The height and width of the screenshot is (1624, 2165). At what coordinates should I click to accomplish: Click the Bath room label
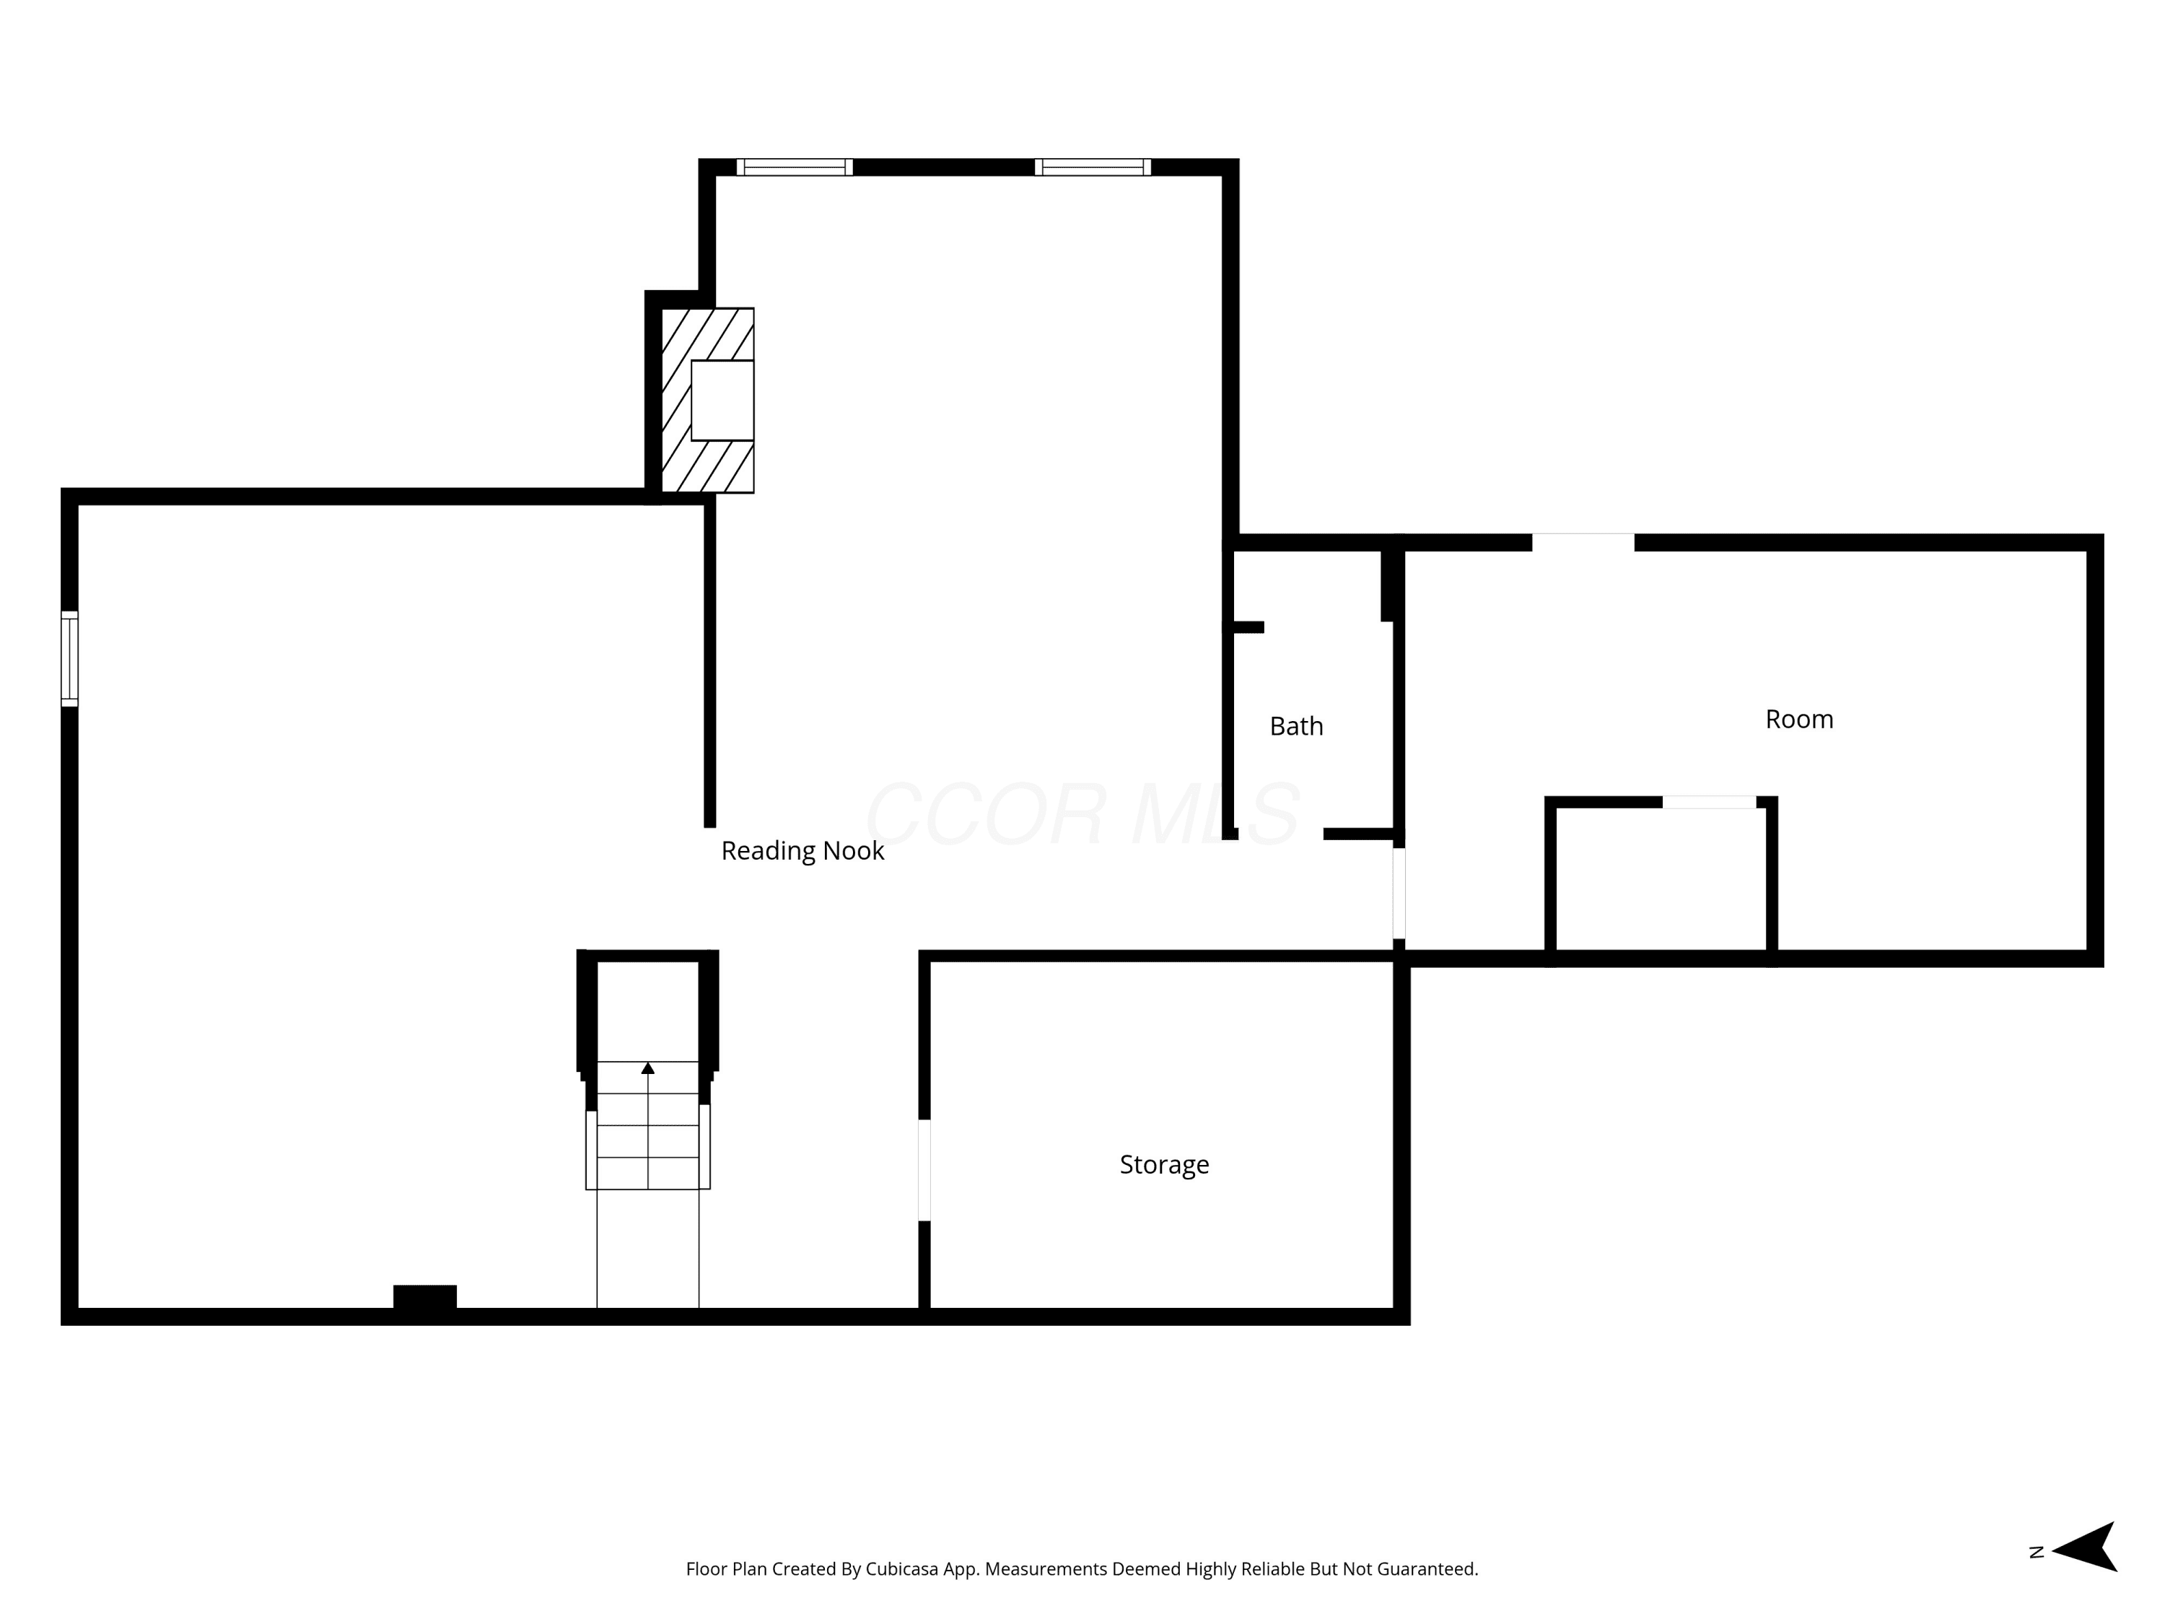coord(1296,726)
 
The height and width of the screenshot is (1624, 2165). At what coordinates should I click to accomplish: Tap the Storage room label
coord(1164,1165)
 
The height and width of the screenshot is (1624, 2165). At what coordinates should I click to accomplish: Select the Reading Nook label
coord(802,852)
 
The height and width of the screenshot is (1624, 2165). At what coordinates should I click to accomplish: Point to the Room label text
coord(1799,720)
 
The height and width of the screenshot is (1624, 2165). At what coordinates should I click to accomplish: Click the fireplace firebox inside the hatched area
coord(722,401)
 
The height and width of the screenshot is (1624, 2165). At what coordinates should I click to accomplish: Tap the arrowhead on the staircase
coord(648,1068)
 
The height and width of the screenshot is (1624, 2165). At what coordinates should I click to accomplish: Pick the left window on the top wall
coord(795,167)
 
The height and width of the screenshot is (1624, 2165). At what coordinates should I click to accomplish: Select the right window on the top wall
coord(1093,167)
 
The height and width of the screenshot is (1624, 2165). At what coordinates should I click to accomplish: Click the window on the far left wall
coord(69,659)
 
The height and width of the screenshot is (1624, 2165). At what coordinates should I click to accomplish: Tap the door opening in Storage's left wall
coord(924,1171)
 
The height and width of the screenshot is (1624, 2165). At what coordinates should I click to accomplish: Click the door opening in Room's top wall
coord(1583,542)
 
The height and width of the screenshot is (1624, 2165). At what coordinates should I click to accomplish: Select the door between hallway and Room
coord(1399,894)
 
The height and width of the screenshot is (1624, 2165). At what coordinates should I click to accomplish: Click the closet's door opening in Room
coord(1709,803)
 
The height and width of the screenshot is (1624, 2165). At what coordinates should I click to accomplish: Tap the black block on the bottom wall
coord(425,1297)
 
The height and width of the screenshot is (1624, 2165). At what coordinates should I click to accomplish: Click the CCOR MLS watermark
coord(1082,813)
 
